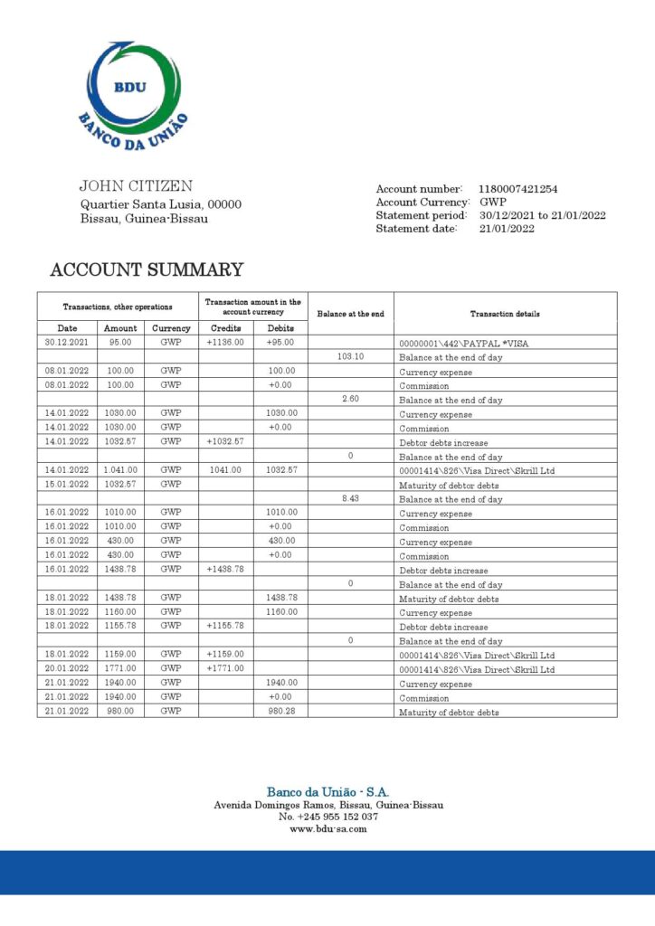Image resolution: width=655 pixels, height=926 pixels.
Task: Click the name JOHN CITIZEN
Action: pyautogui.click(x=136, y=186)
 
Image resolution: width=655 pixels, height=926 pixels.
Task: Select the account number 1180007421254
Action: pyautogui.click(x=517, y=189)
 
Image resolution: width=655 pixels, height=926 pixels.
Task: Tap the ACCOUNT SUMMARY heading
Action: pyautogui.click(x=147, y=269)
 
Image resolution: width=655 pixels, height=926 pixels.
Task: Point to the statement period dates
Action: pyautogui.click(x=542, y=215)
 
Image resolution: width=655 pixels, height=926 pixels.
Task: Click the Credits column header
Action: pyautogui.click(x=225, y=328)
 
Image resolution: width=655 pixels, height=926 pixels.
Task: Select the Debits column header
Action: pyautogui.click(x=280, y=328)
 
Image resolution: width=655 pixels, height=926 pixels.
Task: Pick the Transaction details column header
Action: pyautogui.click(x=505, y=314)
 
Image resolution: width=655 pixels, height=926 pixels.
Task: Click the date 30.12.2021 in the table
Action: pyautogui.click(x=67, y=343)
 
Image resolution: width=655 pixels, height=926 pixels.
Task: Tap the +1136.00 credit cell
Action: pyautogui.click(x=225, y=343)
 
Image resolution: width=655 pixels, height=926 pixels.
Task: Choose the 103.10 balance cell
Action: pyautogui.click(x=350, y=356)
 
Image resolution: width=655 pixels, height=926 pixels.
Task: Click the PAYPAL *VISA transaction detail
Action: pyautogui.click(x=463, y=344)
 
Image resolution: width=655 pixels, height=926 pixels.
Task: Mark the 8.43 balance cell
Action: pyautogui.click(x=350, y=498)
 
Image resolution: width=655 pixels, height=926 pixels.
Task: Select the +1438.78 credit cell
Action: pyautogui.click(x=225, y=570)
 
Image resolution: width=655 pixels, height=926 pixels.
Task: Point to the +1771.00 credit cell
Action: pyautogui.click(x=225, y=669)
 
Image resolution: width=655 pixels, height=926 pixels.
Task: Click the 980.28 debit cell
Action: pyautogui.click(x=280, y=712)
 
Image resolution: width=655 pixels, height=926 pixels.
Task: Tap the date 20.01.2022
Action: pyautogui.click(x=67, y=669)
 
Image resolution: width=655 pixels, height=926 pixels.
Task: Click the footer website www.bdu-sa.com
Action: pyautogui.click(x=327, y=828)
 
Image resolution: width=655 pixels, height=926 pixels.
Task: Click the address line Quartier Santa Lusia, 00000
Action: pyautogui.click(x=161, y=204)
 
